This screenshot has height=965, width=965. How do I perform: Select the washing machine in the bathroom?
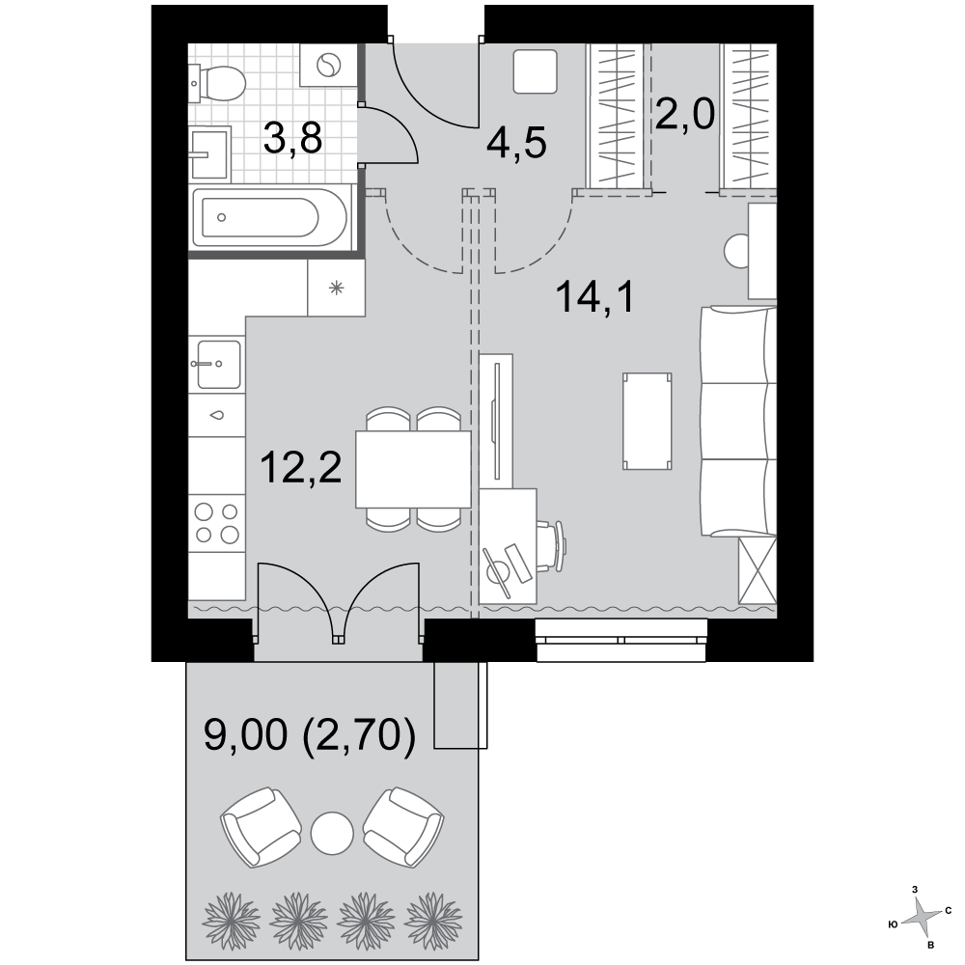[328, 65]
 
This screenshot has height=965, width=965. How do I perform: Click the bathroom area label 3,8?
[292, 138]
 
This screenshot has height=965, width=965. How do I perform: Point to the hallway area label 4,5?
[515, 144]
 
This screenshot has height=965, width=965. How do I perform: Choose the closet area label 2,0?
[684, 115]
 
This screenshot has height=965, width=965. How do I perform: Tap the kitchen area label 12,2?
[300, 466]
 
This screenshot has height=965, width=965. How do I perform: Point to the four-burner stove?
[216, 523]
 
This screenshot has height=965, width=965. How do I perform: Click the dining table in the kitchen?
[413, 469]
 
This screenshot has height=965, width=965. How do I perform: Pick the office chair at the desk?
[551, 546]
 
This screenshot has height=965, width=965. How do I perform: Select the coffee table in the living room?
[647, 421]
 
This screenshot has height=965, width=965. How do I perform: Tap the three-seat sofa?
[738, 422]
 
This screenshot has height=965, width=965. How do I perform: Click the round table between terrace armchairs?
[332, 834]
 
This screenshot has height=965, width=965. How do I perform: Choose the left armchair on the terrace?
[261, 827]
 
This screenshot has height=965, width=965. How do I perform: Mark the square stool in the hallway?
[536, 72]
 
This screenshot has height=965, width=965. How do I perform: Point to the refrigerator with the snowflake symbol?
[336, 288]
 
